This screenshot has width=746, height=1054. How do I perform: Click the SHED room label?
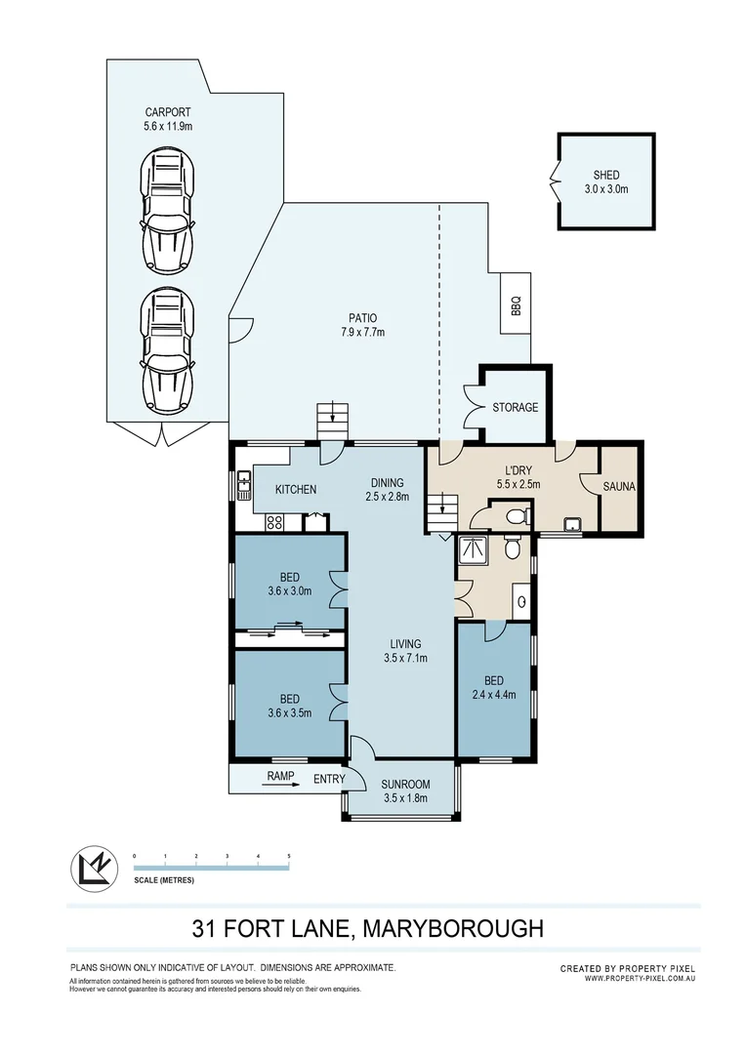(x=606, y=175)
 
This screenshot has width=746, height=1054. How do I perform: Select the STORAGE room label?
(x=516, y=407)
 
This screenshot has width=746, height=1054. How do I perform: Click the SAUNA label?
(x=619, y=486)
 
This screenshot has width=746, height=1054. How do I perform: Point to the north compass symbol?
(x=92, y=869)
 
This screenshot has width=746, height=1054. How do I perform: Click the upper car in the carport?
(x=168, y=211)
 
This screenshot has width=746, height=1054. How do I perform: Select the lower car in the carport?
(x=168, y=351)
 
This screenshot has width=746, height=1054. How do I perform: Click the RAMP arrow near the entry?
(x=280, y=784)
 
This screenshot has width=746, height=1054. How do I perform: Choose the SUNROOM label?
(x=405, y=785)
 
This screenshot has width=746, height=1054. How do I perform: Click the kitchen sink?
(x=243, y=483)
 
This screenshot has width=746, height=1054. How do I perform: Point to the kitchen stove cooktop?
(x=275, y=520)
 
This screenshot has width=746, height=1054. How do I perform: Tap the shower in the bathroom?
(x=473, y=550)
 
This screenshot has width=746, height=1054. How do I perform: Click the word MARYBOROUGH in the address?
(x=453, y=928)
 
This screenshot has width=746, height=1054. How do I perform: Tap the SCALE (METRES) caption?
(x=164, y=880)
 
